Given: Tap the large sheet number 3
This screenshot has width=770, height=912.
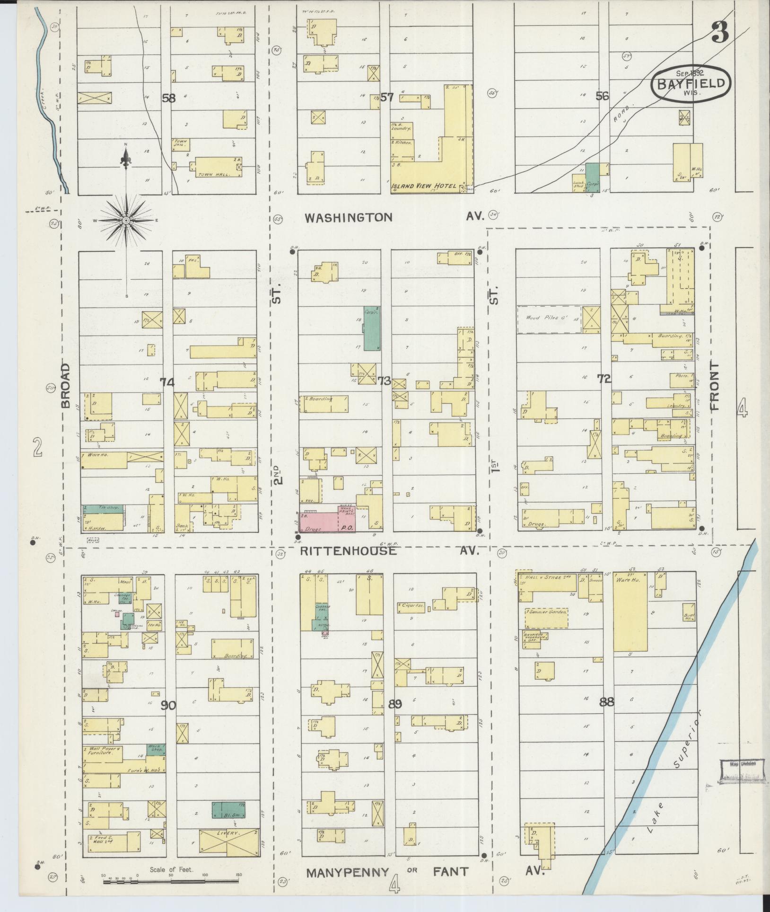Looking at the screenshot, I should [x=720, y=33].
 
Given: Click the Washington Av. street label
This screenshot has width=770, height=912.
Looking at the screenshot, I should [x=348, y=217].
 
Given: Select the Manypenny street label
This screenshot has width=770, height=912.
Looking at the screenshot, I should [x=348, y=871].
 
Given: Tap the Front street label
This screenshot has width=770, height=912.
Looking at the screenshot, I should [x=714, y=386].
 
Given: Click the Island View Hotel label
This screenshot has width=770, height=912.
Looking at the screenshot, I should [x=423, y=186].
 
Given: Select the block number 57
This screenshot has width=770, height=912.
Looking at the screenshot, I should [x=387, y=97].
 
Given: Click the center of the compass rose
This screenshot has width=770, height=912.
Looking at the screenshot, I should [x=126, y=221].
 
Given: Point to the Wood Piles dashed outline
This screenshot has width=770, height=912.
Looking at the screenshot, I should [x=548, y=319].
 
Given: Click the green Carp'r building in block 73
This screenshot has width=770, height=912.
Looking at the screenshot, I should [x=372, y=328].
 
